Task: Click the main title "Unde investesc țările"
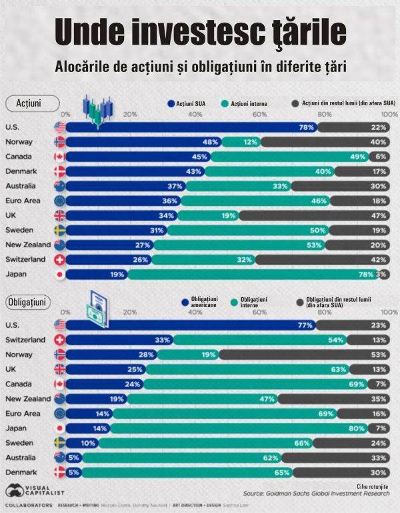pos(200,31)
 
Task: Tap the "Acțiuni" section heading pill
pos(29,104)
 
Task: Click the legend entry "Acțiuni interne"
pos(252,105)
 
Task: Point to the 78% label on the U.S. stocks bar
pos(307,127)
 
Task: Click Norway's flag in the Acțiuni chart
pos(59,142)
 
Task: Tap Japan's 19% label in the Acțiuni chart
pos(117,274)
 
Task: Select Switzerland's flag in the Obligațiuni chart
pos(59,340)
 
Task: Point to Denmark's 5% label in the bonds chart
pos(73,472)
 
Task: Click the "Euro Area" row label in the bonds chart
pos(23,413)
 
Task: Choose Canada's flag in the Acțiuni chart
pos(59,157)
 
